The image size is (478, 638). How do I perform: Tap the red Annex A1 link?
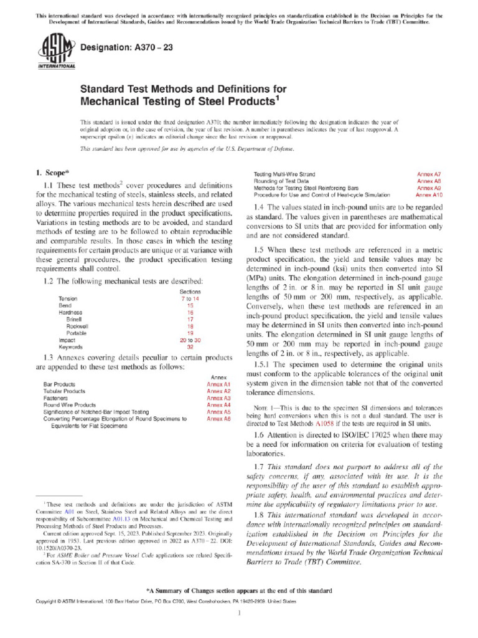pos(218,385)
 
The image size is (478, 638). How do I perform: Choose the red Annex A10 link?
pos(429,194)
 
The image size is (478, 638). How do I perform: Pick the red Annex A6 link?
pos(218,419)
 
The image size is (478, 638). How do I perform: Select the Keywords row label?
pos(70,346)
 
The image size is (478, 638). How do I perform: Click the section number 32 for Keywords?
pos(190,346)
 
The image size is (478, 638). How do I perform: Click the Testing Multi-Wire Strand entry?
pos(284,174)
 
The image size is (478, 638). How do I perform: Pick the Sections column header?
pos(190,292)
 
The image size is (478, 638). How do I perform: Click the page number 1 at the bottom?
pos(239,614)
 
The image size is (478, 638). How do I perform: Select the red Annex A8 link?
pos(429,181)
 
